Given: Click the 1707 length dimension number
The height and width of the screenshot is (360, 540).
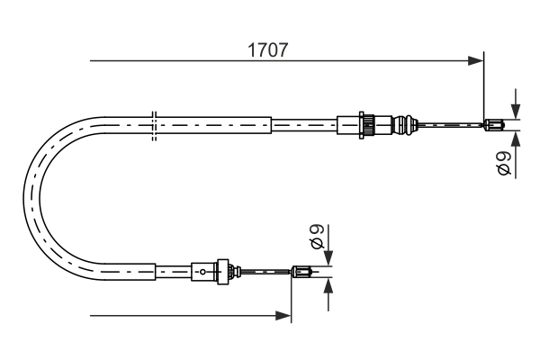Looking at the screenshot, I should point(268,50).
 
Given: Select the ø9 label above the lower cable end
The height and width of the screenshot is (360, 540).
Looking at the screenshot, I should point(316,237).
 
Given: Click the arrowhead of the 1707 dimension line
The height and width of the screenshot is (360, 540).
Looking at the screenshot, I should point(477,61).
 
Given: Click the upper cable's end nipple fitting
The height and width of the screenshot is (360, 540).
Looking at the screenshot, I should point(492,125).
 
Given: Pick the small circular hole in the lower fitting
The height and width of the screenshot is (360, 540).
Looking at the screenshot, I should point(204,269).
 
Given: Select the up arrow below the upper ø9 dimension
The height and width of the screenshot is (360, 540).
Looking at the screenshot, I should point(516,139).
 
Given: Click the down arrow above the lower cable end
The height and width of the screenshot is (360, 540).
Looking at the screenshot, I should point(328,256).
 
